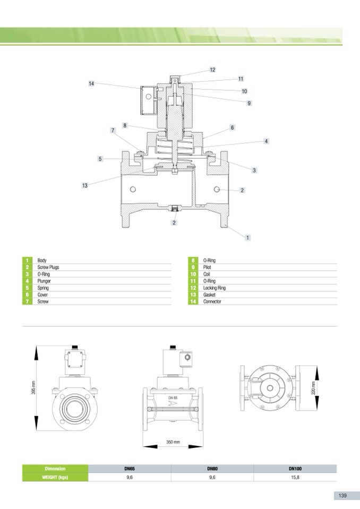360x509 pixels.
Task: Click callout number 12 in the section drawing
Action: pyautogui.click(x=212, y=70)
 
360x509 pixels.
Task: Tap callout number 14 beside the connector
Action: pyautogui.click(x=91, y=84)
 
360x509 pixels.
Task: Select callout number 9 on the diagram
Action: pyautogui.click(x=249, y=103)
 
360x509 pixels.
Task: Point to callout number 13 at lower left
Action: pyautogui.click(x=85, y=186)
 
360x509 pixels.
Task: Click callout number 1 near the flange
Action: pyautogui.click(x=247, y=238)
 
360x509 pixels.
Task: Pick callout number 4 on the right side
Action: pyautogui.click(x=266, y=141)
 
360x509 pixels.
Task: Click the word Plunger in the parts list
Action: pyautogui.click(x=44, y=281)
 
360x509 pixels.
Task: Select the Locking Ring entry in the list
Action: pyautogui.click(x=214, y=288)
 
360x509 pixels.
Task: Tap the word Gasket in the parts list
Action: pyautogui.click(x=209, y=295)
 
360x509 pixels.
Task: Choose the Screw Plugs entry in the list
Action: pyautogui.click(x=48, y=267)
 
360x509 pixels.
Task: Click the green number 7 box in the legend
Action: pyautogui.click(x=27, y=301)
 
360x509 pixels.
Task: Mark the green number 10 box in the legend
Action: pyautogui.click(x=193, y=274)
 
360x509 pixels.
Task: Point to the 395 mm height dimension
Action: pyautogui.click(x=33, y=387)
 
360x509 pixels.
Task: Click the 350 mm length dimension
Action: pyautogui.click(x=173, y=442)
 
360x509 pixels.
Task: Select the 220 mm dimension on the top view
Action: pyautogui.click(x=313, y=387)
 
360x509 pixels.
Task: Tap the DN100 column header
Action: pyautogui.click(x=295, y=469)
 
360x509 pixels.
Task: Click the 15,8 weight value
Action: pyautogui.click(x=295, y=478)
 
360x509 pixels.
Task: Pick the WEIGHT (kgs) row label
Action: pyautogui.click(x=55, y=478)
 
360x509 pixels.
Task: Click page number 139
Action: pyautogui.click(x=342, y=496)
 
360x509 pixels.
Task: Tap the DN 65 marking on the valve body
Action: pyautogui.click(x=173, y=398)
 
